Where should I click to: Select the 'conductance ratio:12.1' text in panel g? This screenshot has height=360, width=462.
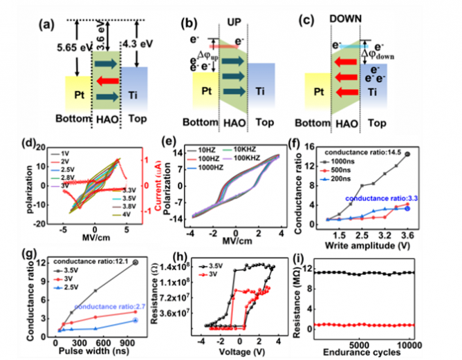coord(98,263)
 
